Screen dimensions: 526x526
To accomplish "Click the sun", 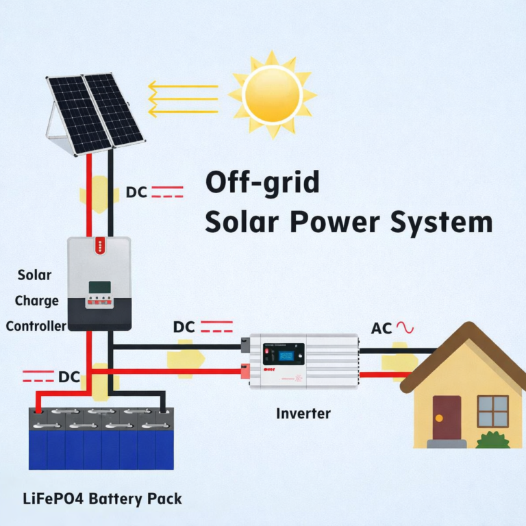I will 273,95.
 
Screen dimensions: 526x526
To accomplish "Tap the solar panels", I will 95,110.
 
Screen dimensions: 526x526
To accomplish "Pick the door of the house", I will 447,416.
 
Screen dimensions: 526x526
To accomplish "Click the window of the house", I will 492,411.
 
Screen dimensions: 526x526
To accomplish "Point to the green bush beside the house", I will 492,440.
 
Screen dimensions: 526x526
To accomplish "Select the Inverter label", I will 303,414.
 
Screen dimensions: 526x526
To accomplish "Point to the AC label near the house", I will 381,328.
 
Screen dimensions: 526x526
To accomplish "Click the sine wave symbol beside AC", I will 404,327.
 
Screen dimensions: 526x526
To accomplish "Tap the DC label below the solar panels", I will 136,192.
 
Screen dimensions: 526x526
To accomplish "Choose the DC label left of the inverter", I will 184,327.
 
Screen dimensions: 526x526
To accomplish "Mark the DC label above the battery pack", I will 68,377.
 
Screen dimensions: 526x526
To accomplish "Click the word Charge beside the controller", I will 36,301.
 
